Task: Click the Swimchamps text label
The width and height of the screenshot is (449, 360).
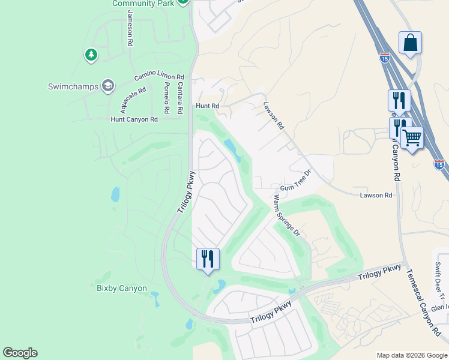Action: tap(72, 86)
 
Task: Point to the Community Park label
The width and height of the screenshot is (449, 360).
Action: tap(143, 4)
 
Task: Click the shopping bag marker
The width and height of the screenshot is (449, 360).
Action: tap(410, 43)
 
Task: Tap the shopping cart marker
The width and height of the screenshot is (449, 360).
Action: tap(412, 139)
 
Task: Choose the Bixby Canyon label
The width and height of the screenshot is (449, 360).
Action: tap(122, 288)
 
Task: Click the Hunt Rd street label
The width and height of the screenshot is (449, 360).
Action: tap(208, 106)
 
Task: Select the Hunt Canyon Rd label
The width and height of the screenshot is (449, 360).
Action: tap(134, 119)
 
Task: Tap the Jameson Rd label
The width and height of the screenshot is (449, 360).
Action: tap(130, 29)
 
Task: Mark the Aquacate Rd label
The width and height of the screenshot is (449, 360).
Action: tap(133, 100)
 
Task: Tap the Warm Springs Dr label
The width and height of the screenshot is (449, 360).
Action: tap(286, 214)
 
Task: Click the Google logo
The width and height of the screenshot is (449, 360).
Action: tap(20, 353)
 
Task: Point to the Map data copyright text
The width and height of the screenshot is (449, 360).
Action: tap(411, 355)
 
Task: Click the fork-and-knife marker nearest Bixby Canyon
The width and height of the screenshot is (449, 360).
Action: tap(208, 259)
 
